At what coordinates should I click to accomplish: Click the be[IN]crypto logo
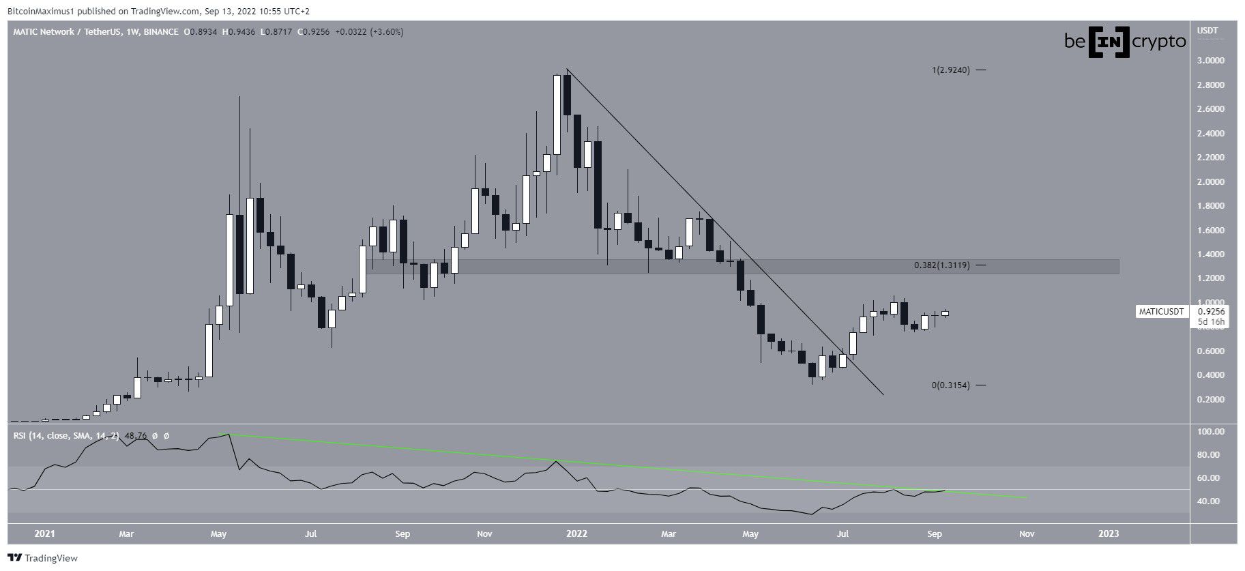coord(1125,42)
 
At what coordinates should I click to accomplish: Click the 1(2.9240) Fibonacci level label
coord(950,70)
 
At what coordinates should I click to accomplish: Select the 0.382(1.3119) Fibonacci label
coord(941,265)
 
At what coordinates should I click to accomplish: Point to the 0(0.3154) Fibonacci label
coord(950,385)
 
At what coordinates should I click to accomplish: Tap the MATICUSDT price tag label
coord(1160,312)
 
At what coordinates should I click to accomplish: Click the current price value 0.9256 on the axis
coord(1210,311)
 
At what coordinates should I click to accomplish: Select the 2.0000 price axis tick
coord(1210,182)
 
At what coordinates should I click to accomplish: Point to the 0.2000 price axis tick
coord(1210,400)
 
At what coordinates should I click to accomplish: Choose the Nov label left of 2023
coord(1026,534)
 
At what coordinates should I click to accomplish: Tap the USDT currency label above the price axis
coord(1207,31)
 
